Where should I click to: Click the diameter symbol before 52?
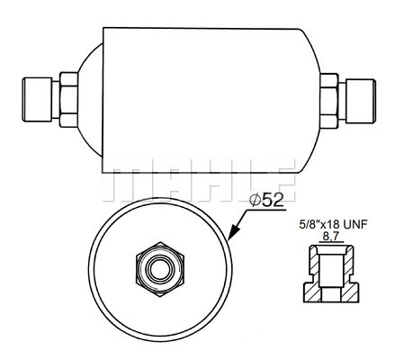256,199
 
